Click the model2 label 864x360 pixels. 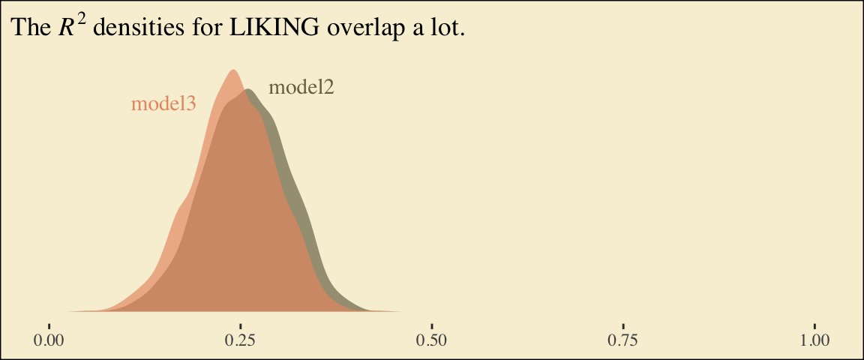tap(301, 88)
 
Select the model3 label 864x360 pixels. tap(163, 104)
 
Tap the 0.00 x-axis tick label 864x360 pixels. tap(49, 340)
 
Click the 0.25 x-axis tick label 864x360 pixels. tap(241, 340)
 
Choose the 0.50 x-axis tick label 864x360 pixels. tap(432, 340)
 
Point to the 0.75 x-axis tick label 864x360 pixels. tap(623, 340)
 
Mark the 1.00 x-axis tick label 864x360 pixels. tap(814, 340)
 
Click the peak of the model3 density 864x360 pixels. tap(232, 71)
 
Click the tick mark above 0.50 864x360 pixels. tap(432, 325)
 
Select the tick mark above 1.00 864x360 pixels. tap(814, 325)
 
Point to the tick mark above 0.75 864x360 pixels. tap(623, 325)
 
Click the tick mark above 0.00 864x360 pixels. tap(49, 325)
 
